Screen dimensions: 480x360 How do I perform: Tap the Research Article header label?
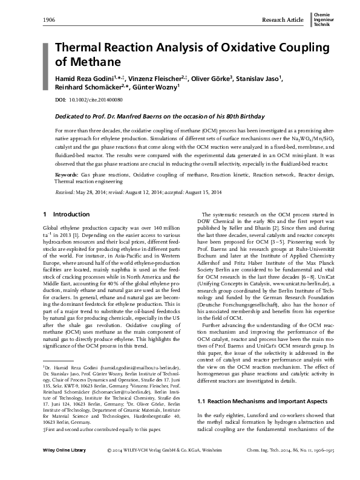coord(283,20)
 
